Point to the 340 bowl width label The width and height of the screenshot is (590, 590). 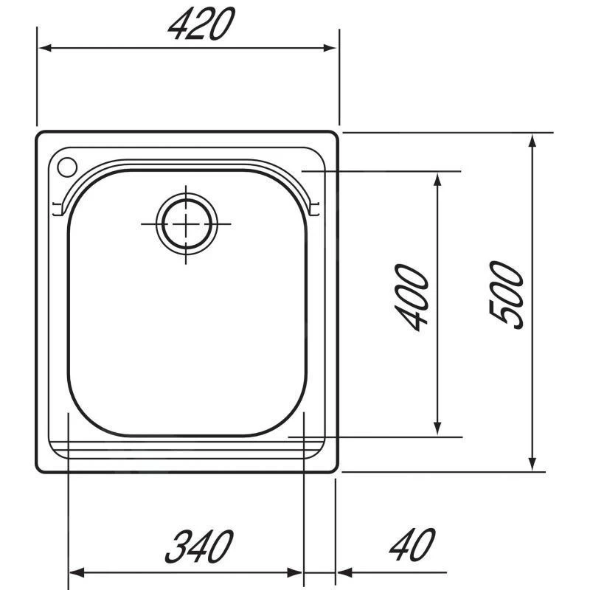(198, 546)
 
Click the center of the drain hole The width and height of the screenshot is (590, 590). (186, 223)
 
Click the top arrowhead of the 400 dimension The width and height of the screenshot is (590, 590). (437, 179)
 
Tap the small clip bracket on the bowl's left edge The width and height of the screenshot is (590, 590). (56, 209)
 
